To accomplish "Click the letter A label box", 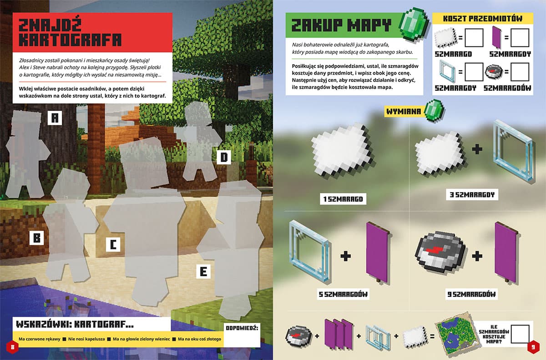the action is (x=55, y=118).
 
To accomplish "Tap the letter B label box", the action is (x=36, y=238).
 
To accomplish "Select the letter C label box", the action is (x=113, y=244).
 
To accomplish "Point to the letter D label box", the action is (x=224, y=157).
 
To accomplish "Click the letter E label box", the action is (x=203, y=272).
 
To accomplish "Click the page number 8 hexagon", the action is (x=12, y=347).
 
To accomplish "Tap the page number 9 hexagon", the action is (x=533, y=347).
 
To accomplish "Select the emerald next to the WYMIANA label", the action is (x=434, y=111).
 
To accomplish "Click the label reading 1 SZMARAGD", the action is (x=343, y=199).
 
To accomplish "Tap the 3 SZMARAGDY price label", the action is (x=472, y=194).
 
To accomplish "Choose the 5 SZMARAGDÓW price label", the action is (x=343, y=294).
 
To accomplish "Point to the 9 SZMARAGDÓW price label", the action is (x=471, y=294).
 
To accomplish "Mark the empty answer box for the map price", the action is (x=520, y=334).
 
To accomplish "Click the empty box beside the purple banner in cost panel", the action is (x=520, y=38).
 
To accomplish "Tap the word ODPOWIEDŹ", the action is (x=242, y=328).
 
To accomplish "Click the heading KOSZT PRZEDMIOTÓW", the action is (x=483, y=18).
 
